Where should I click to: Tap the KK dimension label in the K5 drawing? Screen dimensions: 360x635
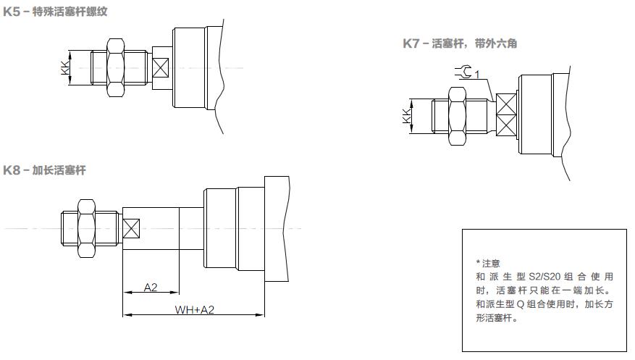click(64, 68)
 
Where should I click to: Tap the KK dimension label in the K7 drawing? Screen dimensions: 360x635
click(406, 115)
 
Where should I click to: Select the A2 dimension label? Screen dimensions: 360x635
click(151, 288)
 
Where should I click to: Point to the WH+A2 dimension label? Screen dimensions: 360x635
click(195, 309)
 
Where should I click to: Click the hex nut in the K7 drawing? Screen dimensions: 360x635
click(458, 115)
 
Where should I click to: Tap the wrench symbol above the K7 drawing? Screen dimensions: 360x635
click(463, 71)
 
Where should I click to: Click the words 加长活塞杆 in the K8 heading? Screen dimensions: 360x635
click(59, 170)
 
